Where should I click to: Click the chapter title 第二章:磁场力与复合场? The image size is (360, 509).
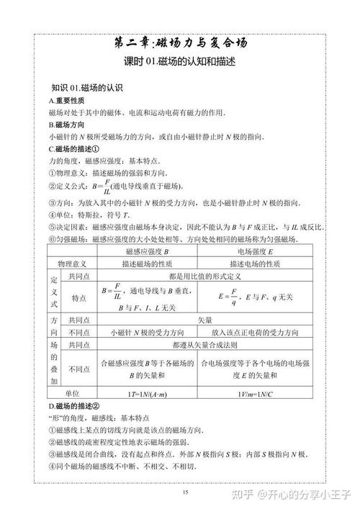click(180, 42)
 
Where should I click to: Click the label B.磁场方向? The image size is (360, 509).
click(68, 124)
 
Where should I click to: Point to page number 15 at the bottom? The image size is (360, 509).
click(185, 492)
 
